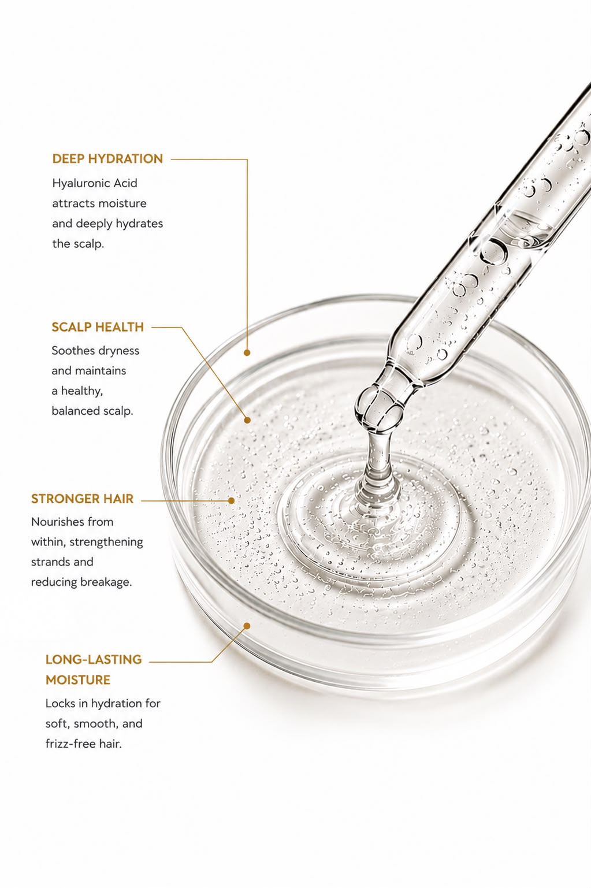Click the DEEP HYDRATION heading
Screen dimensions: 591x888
107,158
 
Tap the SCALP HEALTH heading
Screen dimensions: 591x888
98,327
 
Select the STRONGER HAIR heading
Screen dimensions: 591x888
83,499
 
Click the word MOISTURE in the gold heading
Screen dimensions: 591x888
78,680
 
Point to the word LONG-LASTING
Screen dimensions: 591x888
94,659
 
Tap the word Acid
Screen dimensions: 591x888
125,183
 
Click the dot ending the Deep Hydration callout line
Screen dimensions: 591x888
247,352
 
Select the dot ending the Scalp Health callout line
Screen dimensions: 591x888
247,420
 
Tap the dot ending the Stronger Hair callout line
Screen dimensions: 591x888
232,501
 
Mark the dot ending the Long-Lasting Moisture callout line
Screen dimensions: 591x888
247,626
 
